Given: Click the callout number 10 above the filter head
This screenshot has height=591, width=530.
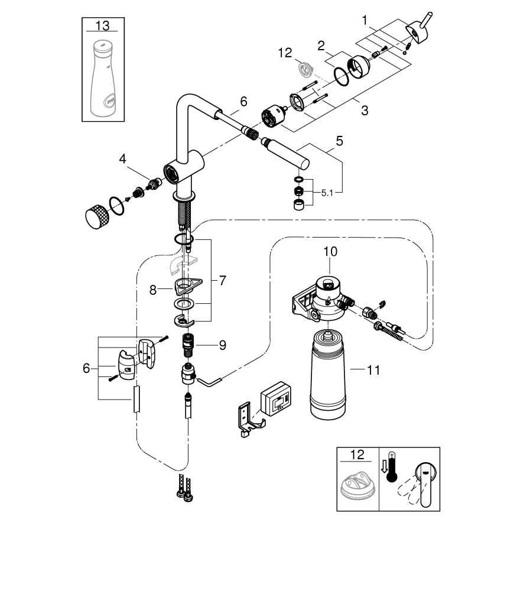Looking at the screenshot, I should pos(330,251).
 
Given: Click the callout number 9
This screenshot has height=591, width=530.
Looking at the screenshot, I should pos(222,345).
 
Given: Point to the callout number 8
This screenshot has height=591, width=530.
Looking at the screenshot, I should pos(152,290).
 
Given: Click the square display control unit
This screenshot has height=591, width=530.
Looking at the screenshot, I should pos(277,397).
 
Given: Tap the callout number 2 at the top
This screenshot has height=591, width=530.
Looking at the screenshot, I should pos(321,45).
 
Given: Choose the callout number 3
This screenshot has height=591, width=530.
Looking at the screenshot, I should pos(365,111).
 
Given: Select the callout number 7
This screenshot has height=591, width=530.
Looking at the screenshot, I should pos(222,281).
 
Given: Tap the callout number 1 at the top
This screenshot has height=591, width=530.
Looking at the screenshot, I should pos(366,21).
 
